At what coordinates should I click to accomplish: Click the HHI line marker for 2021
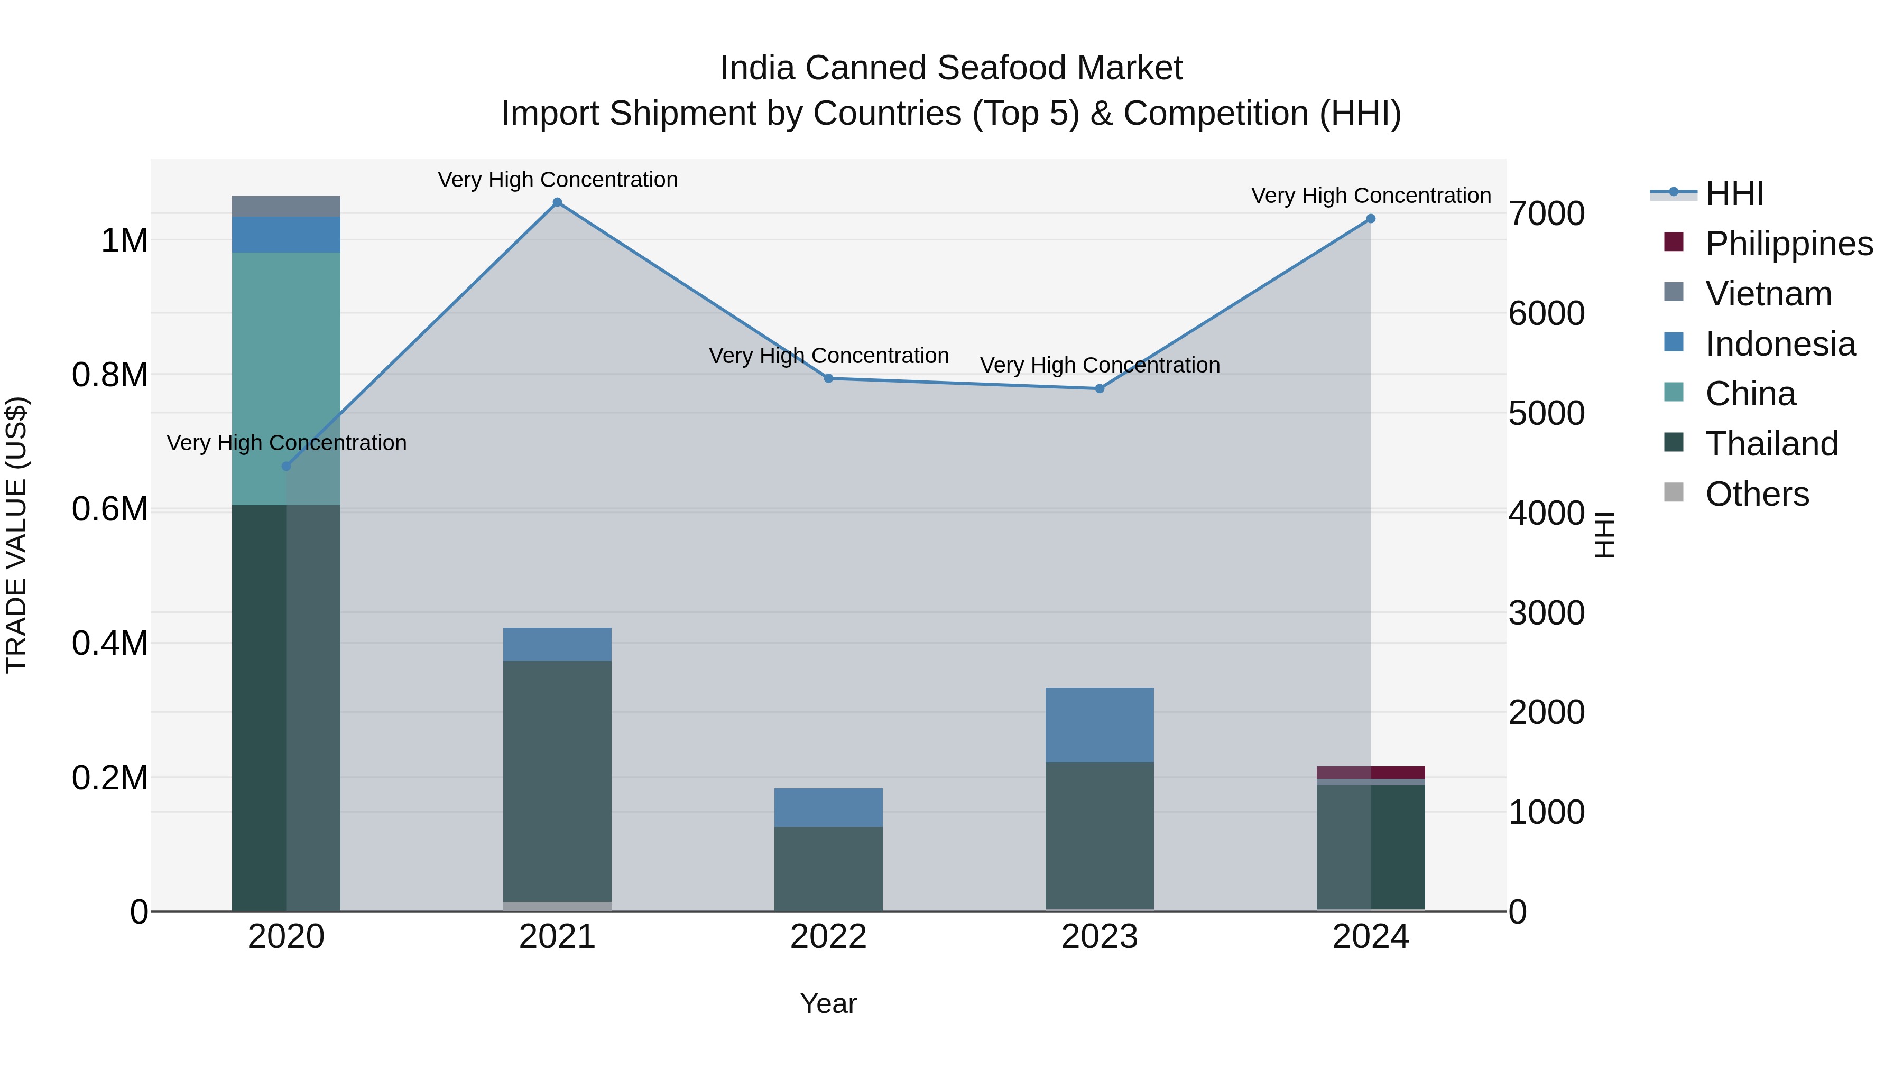(x=557, y=202)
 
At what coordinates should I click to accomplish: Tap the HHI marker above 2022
(x=828, y=378)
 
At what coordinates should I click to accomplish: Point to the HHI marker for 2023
(x=1100, y=388)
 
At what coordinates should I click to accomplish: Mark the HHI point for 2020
(x=287, y=466)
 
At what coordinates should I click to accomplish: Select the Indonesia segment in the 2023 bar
(x=1100, y=724)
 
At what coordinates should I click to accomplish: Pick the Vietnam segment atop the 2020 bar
(x=287, y=206)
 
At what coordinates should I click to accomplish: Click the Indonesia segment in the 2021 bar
(x=557, y=644)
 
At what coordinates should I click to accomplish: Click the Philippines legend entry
(x=1788, y=244)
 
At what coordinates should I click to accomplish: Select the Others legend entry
(x=1757, y=494)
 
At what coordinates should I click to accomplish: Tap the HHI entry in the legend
(x=1734, y=193)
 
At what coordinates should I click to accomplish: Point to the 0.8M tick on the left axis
(x=110, y=375)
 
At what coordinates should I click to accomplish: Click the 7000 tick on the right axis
(x=1546, y=213)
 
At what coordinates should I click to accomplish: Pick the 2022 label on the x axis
(x=828, y=937)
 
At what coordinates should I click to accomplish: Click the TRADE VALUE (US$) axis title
(x=16, y=535)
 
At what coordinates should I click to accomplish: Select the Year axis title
(x=828, y=1003)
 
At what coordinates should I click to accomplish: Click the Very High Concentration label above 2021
(x=557, y=180)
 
